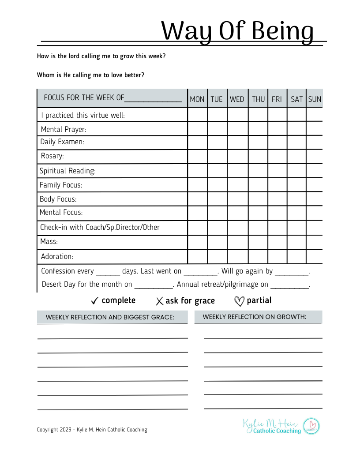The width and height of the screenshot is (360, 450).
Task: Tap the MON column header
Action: point(197,99)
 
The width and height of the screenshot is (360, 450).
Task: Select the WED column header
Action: point(237,99)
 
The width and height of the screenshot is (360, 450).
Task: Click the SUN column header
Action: point(315,99)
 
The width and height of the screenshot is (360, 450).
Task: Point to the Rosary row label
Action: point(52,156)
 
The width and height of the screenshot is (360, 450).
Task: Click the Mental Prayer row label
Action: point(64,130)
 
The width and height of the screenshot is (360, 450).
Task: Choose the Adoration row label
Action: point(57,256)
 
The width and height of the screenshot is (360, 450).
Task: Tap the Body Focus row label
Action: point(58,199)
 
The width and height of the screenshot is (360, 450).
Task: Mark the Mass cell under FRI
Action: point(277,242)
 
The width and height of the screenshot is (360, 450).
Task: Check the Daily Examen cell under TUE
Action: point(217,142)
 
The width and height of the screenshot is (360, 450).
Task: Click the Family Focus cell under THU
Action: point(258,185)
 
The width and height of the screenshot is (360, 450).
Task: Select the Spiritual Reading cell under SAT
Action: point(296,171)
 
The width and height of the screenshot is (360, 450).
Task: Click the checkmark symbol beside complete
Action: point(94,301)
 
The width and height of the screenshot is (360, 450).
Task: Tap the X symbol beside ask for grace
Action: point(159,301)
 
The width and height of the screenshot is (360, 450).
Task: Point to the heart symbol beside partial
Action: point(239,301)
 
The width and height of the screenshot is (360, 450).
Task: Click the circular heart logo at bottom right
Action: point(311,426)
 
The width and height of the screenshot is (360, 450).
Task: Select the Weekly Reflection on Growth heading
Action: point(255,317)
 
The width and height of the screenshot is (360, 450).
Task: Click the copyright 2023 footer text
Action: point(92,430)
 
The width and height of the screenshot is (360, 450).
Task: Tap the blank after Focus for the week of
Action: point(153,99)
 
